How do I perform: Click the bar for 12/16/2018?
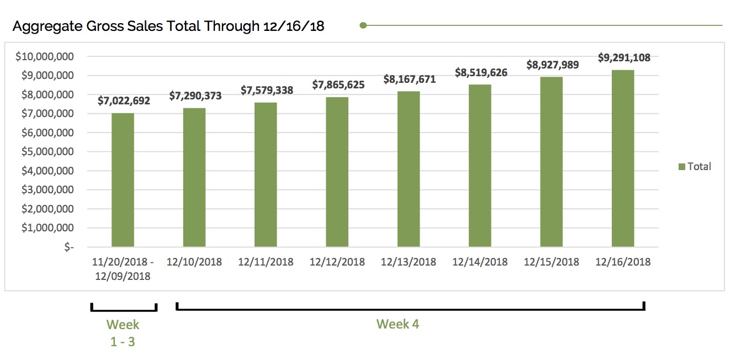622,158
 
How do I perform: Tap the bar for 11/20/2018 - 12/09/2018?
123,179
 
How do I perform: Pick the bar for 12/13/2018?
409,168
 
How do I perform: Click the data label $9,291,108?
624,57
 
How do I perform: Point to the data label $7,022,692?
124,100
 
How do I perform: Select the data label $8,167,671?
410,80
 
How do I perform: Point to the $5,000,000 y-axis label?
47,151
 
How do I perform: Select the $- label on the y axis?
69,247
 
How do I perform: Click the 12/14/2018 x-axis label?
480,262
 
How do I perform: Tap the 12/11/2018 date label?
266,262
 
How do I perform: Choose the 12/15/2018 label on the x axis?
552,262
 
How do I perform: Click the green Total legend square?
682,167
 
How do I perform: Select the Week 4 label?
398,324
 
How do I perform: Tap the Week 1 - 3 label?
123,333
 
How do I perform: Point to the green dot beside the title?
363,25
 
